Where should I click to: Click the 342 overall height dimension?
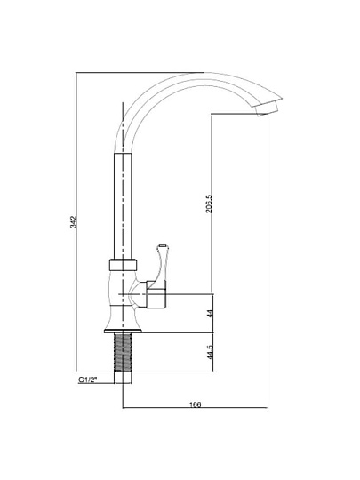[73, 222]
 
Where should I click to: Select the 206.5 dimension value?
[209, 204]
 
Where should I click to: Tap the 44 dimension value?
[210, 314]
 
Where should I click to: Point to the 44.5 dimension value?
[210, 352]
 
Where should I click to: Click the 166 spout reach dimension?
[196, 404]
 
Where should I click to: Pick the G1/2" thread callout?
[87, 380]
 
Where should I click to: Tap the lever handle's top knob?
[163, 246]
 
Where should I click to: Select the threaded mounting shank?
[123, 352]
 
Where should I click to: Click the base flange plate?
[123, 331]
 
